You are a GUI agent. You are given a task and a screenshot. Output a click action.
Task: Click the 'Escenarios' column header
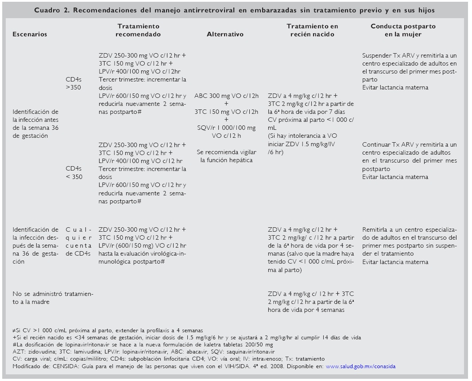(30, 34)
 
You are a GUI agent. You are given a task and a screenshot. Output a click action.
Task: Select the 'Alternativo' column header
(225, 34)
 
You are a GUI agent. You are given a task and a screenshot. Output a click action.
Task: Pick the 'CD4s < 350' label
(74, 173)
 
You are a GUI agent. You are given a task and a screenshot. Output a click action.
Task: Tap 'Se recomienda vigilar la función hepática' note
(226, 156)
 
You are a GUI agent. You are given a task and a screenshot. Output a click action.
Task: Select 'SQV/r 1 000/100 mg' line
(226, 128)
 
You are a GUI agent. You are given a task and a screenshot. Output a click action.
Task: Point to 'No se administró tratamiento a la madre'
(55, 298)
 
